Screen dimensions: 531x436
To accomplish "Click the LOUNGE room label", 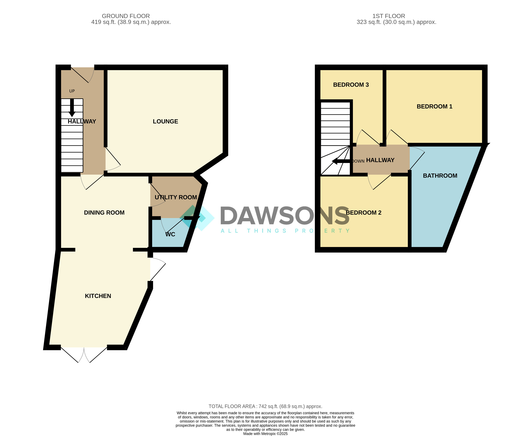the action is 165,122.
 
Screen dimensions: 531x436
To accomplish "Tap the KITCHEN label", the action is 98,296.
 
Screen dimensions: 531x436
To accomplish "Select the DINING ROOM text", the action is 104,213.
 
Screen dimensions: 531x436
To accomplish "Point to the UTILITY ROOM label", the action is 176,197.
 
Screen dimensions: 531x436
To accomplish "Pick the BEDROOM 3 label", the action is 351,85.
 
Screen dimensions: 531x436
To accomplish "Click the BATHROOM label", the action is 440,176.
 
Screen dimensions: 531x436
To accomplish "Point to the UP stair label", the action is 72,91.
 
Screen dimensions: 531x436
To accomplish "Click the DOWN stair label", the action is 358,161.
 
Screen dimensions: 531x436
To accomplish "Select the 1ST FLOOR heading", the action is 389,16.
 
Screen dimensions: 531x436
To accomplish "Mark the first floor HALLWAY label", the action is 380,160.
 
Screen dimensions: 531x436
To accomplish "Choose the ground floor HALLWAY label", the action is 82,122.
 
